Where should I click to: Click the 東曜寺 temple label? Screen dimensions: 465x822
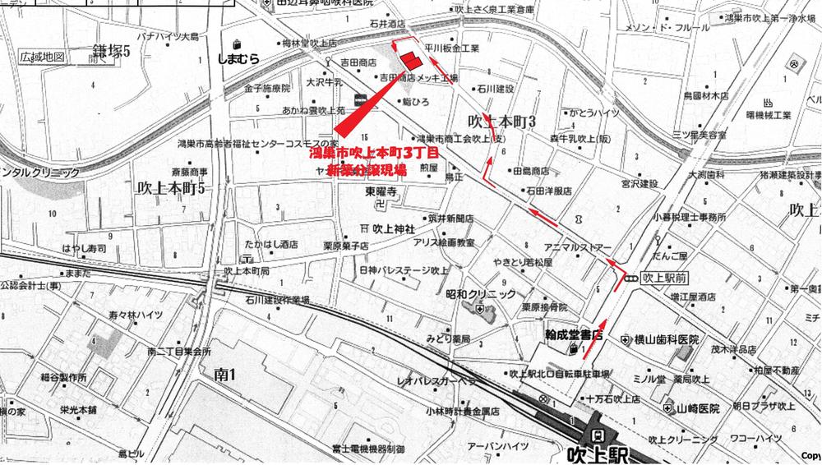(x=381, y=193)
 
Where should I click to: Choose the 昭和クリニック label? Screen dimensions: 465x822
(x=480, y=294)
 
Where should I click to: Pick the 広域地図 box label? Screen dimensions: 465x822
(x=43, y=58)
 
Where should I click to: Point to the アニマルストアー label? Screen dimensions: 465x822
(x=578, y=246)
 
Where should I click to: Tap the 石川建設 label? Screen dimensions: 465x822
(x=495, y=88)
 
